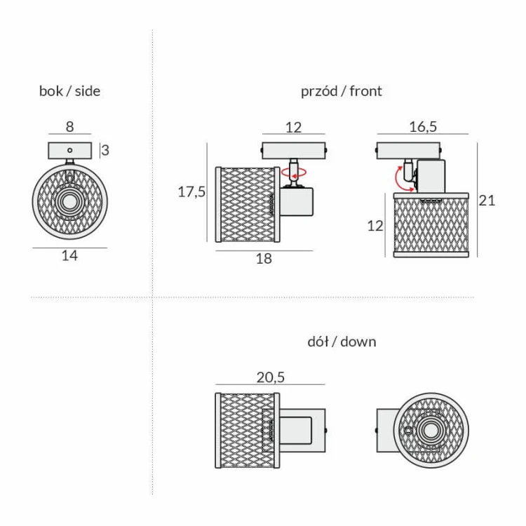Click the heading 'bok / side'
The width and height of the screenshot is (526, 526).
69,90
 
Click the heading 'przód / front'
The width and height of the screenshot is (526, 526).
342,90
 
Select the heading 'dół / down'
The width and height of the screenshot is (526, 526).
342,342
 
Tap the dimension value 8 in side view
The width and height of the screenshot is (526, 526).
69,127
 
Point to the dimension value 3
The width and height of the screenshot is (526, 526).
105,150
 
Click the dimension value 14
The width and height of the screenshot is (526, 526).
69,256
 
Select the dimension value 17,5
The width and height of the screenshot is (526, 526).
191,192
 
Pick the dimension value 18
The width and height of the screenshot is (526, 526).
264,258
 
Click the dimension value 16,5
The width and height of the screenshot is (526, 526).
423,126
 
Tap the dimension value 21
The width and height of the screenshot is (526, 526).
487,201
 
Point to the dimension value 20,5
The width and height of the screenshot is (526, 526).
270,377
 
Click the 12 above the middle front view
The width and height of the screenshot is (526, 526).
293,127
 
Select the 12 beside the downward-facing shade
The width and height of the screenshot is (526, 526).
376,226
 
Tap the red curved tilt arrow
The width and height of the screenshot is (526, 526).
403,177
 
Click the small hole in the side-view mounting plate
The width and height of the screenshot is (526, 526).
69,150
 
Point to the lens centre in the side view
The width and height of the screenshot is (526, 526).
69,203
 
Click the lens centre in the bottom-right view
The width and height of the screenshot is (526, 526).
430,431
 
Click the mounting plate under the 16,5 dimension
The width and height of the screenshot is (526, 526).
409,149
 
